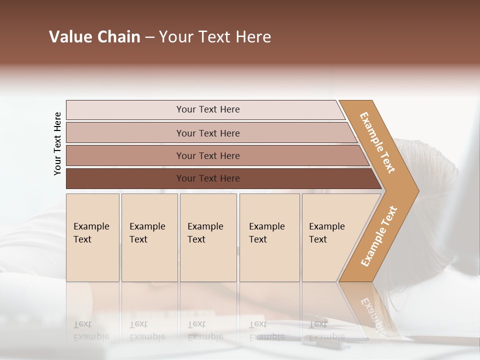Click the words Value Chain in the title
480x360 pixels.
pos(94,37)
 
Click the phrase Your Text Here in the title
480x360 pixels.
pos(215,37)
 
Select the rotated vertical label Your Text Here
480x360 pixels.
pos(57,143)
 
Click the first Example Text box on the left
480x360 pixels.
pos(92,237)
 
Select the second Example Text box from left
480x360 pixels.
pos(149,237)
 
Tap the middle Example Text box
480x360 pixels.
pos(208,237)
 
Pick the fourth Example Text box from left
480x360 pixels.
pos(269,237)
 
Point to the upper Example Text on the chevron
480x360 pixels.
pos(377,142)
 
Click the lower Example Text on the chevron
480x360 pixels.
pos(379,236)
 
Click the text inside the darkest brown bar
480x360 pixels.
pos(208,178)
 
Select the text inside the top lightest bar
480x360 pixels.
pos(208,109)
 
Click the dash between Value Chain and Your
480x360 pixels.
pos(149,37)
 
